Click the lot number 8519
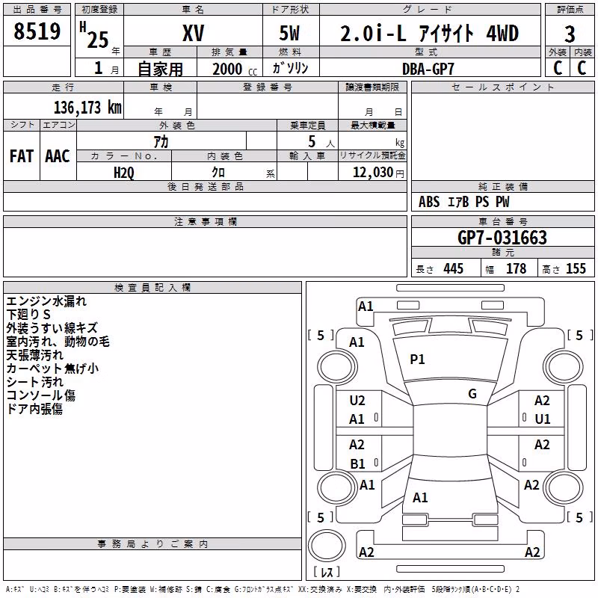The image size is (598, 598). (37, 31)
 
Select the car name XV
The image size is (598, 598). (194, 33)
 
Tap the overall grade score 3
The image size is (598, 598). (570, 34)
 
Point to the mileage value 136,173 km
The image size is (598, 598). (87, 108)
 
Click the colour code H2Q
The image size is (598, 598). (124, 173)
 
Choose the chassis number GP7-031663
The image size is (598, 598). (502, 238)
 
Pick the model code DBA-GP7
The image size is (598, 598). (428, 69)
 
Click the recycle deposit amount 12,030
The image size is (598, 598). (373, 173)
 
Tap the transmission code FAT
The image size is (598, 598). (22, 156)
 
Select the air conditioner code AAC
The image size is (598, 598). (58, 156)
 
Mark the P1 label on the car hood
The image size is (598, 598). (417, 360)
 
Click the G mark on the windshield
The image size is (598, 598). (472, 394)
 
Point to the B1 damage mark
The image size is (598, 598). (358, 463)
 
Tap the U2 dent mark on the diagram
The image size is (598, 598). (357, 401)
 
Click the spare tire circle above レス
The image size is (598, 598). (327, 546)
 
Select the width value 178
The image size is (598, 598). (516, 268)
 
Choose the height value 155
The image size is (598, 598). (576, 268)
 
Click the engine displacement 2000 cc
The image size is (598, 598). (235, 70)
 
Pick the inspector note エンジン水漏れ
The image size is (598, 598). (46, 301)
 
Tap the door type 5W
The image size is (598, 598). (289, 33)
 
